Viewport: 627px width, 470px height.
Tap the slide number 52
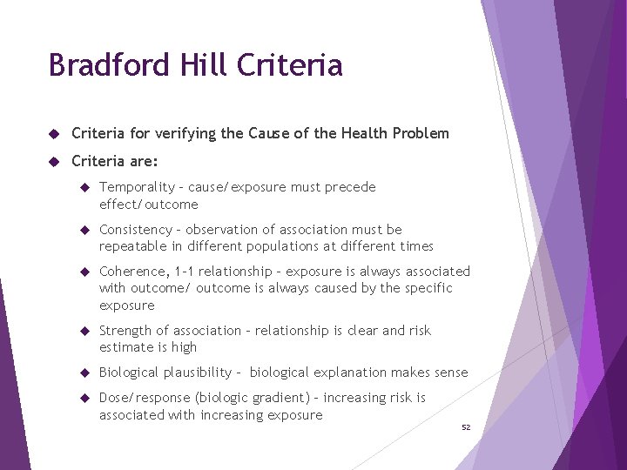[x=466, y=427]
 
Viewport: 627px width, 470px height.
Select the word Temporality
[x=136, y=187]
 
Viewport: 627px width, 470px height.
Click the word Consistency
[x=136, y=230]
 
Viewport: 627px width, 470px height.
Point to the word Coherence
[x=133, y=272]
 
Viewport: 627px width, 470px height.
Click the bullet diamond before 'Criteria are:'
[x=53, y=161]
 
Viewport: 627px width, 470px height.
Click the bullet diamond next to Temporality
[x=84, y=187]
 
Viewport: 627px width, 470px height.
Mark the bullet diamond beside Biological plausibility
[x=84, y=373]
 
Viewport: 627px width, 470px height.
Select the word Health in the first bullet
[x=365, y=133]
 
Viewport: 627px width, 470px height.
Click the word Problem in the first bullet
[x=421, y=133]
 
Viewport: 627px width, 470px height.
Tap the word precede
[x=348, y=187]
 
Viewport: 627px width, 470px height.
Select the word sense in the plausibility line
[x=450, y=373]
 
